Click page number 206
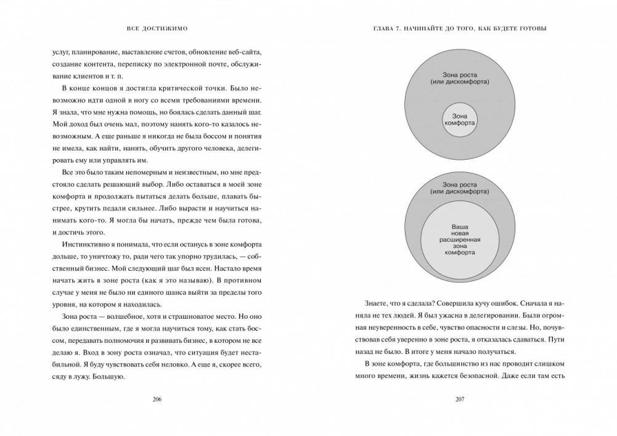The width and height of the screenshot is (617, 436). pos(157,400)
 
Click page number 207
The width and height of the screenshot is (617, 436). pos(459,400)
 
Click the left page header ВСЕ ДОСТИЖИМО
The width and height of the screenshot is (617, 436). pos(157,28)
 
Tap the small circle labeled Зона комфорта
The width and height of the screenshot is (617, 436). pos(460,119)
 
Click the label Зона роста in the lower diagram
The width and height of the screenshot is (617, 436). pos(460,184)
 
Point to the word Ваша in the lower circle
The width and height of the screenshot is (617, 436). pos(460,226)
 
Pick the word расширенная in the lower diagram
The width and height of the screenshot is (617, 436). pos(460,239)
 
